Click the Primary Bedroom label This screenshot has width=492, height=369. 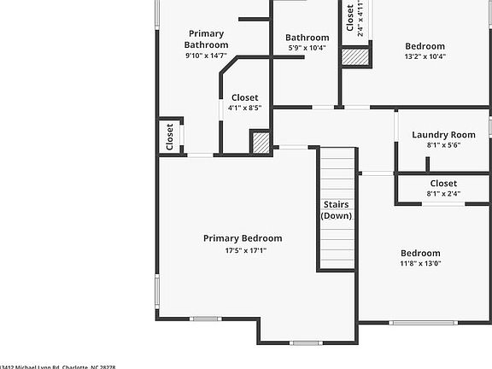pyautogui.click(x=243, y=238)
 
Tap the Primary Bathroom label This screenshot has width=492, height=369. pyautogui.click(x=207, y=39)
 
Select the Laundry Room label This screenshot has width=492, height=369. pyautogui.click(x=443, y=135)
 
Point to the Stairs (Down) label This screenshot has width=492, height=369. pyautogui.click(x=336, y=210)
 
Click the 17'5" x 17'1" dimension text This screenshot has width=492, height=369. pyautogui.click(x=243, y=251)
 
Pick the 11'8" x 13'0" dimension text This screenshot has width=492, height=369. pyautogui.click(x=421, y=264)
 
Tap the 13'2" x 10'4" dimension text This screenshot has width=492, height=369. pyautogui.click(x=425, y=57)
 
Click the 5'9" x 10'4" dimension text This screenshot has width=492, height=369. pyautogui.click(x=307, y=49)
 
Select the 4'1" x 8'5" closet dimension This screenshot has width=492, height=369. pyautogui.click(x=244, y=108)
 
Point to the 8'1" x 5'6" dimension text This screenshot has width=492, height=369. pyautogui.click(x=443, y=146)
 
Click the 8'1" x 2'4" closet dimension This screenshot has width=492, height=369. pyautogui.click(x=443, y=194)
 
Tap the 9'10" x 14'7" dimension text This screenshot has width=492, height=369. pyautogui.click(x=207, y=56)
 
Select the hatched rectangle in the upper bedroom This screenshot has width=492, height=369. pyautogui.click(x=354, y=56)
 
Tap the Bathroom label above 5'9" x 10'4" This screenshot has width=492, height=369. pyautogui.click(x=307, y=38)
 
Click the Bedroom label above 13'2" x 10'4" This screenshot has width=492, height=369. pyautogui.click(x=425, y=46)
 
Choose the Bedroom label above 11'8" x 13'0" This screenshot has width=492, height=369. pyautogui.click(x=421, y=253)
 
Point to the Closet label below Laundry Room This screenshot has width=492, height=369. pyautogui.click(x=443, y=184)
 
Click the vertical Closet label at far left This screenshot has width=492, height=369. pyautogui.click(x=169, y=136)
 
